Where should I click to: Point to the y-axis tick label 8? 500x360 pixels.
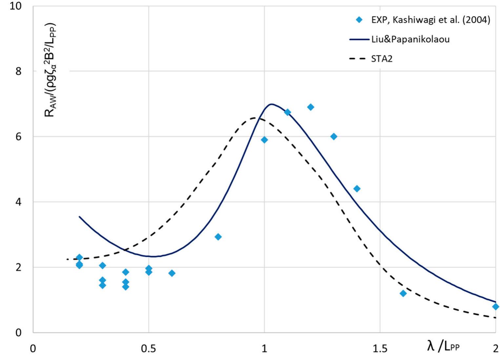19,71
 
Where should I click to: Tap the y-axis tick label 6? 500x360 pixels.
19,136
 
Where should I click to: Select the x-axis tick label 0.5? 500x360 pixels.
148,349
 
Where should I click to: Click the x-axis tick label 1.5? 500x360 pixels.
380,349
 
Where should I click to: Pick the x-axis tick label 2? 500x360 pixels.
495,349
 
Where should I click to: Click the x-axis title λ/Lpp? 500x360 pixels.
443,346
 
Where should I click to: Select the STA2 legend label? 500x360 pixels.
382,59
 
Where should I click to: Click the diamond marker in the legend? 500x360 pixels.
359,20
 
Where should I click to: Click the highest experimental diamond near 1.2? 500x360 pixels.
310,107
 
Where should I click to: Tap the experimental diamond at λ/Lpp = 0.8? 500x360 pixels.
218,237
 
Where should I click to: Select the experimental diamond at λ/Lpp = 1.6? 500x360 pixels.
403,293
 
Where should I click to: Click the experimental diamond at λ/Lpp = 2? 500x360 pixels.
495,307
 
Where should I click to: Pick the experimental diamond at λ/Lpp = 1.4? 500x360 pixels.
357,189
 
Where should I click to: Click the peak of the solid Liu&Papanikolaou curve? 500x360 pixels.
271,104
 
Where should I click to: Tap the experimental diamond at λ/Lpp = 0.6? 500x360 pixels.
172,273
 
